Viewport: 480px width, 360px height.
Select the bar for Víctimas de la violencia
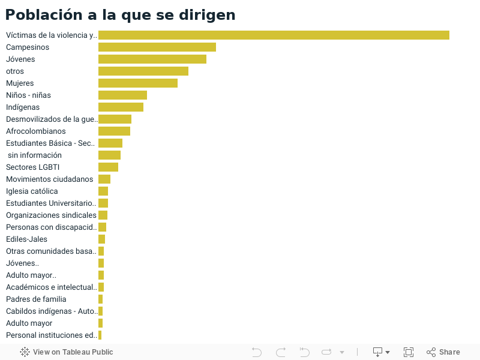274,35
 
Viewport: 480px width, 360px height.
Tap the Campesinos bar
157,47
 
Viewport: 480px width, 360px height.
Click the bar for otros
143,71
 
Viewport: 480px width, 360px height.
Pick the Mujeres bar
138,83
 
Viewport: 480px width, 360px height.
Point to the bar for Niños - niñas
122,95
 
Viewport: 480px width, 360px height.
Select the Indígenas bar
121,107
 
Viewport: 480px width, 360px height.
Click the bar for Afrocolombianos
114,131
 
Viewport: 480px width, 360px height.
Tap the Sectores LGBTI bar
108,167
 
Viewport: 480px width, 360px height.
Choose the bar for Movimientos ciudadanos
104,179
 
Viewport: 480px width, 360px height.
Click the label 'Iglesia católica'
32,191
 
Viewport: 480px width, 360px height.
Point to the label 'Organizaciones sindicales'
51,215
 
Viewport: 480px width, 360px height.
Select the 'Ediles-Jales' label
26,239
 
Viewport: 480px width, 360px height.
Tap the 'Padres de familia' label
36,299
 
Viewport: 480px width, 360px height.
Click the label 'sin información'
35,155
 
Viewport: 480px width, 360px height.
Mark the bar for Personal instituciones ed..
100,335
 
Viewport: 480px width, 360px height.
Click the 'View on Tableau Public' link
73,352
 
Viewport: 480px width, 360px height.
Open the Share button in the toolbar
443,352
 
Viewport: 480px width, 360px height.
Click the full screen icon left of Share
409,352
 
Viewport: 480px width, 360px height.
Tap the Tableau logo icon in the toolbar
25,352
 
